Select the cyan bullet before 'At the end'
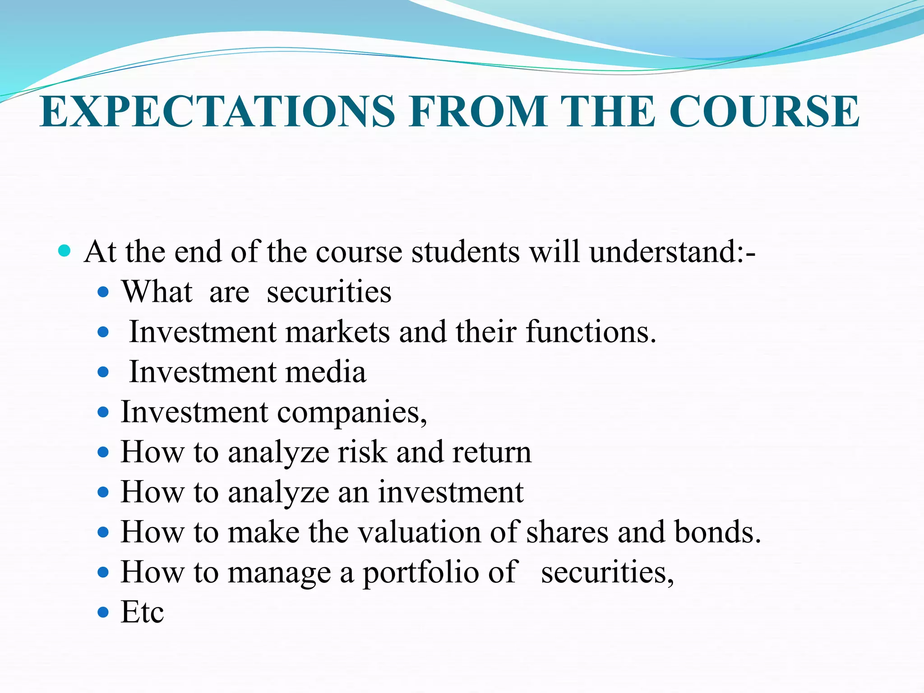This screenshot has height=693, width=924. pos(65,251)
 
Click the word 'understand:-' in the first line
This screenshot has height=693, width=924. pos(672,252)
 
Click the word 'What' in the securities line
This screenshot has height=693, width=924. pos(157,292)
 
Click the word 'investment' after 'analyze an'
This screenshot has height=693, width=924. pos(451,492)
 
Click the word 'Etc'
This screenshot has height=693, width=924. pos(142,613)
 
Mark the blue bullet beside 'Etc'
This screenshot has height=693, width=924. pos(103,613)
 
